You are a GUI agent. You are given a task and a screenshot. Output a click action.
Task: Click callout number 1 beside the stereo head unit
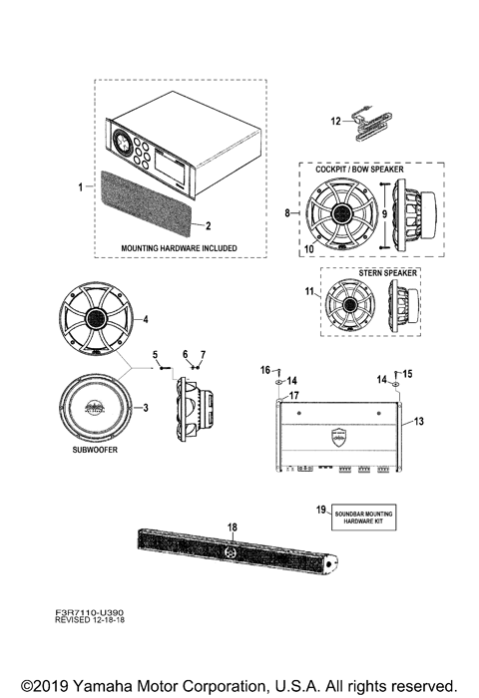coord(82,186)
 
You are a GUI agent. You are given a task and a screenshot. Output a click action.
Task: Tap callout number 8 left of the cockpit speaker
coord(288,212)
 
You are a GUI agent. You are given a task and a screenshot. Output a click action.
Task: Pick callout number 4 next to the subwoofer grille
coord(146,319)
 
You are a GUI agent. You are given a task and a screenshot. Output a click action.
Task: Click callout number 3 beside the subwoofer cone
coord(145,407)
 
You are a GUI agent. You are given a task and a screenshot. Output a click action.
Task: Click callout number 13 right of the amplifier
coord(419,422)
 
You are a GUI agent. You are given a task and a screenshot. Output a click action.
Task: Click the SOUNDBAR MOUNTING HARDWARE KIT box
coord(363,518)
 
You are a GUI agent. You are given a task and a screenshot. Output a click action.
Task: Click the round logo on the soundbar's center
coord(230,552)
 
